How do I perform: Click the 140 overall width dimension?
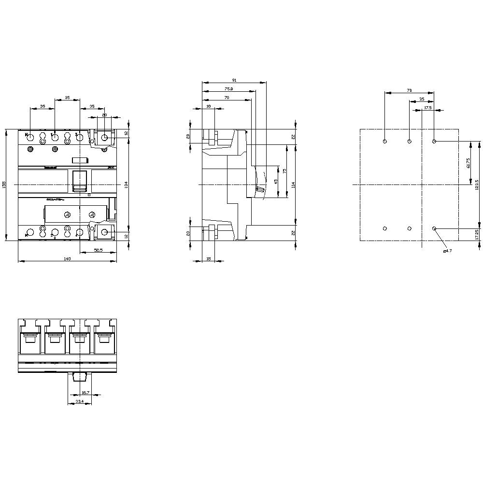[x=67, y=259]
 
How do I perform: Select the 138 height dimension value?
[x=4, y=185]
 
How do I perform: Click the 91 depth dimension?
[x=234, y=80]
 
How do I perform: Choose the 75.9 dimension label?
[x=228, y=89]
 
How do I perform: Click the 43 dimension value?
[x=276, y=181]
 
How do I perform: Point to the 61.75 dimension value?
[x=468, y=163]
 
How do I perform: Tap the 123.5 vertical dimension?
[x=477, y=185]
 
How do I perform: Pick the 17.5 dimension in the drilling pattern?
[x=427, y=108]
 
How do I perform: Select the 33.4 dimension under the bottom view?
[x=80, y=401]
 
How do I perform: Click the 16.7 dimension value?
[x=85, y=393]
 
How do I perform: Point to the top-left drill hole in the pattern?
[x=384, y=142]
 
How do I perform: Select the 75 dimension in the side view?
[x=284, y=171]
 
